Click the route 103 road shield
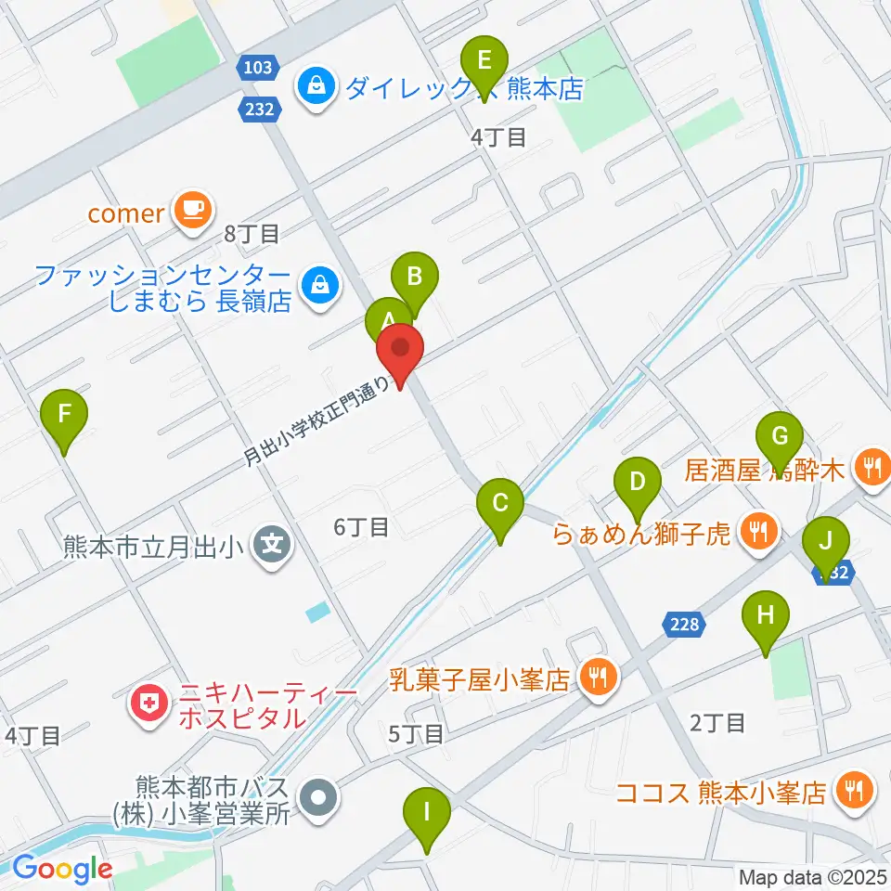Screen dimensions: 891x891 [x=259, y=67]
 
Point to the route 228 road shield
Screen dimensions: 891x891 [x=685, y=625]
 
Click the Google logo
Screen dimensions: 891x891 [x=62, y=869]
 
